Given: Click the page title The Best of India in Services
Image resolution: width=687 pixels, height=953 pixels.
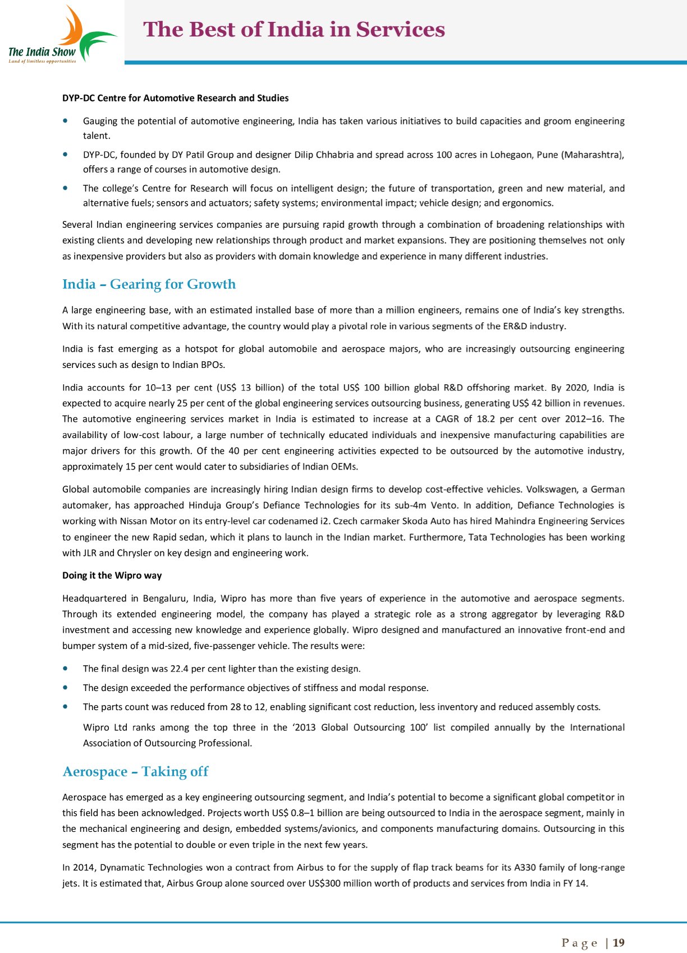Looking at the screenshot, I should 294,30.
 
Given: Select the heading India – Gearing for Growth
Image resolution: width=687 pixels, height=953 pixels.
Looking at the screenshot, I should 149,284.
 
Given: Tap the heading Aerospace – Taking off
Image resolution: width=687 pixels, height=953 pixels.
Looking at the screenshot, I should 135,772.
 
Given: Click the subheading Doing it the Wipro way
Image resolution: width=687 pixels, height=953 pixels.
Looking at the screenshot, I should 112,576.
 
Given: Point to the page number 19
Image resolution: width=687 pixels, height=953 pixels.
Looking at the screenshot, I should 619,943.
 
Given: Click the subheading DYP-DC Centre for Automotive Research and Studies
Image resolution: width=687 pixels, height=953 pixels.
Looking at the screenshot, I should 175,98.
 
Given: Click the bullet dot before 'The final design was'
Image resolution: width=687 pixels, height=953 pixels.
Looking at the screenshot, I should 67,669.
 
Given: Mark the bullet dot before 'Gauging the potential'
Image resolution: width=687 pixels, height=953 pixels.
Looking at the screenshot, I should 67,121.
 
